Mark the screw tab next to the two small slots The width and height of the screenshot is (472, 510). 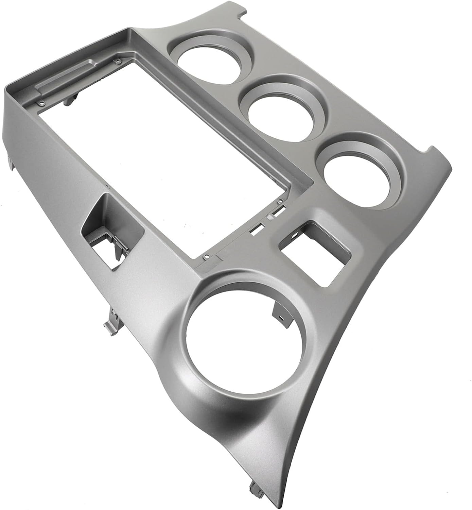[280, 203]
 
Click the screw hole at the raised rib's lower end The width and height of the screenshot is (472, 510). [41, 103]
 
